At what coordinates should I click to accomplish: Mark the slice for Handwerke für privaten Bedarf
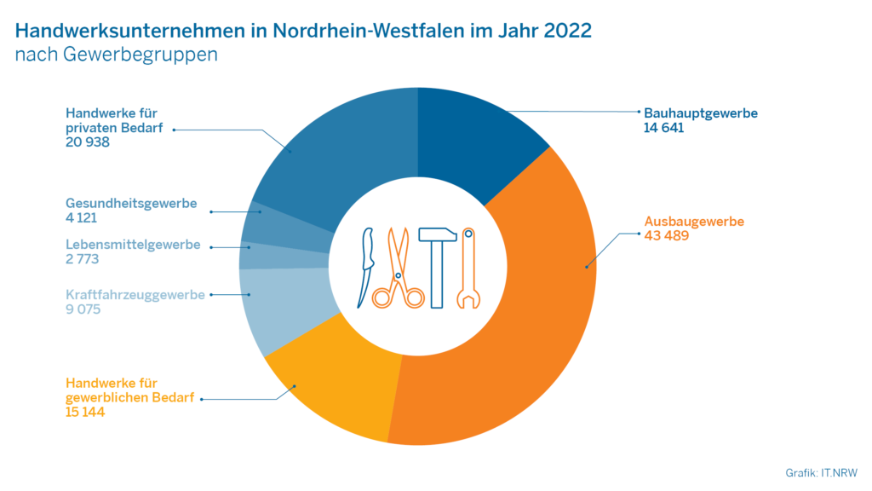pos(341,153)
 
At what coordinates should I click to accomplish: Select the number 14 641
pos(664,128)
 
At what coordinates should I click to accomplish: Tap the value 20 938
pos(88,142)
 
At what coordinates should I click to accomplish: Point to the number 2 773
pos(83,258)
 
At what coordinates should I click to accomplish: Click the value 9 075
pos(83,309)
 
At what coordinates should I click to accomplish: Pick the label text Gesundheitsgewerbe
pos(131,204)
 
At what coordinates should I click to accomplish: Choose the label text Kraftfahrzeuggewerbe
pos(135,295)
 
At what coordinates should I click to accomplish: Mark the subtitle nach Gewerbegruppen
pos(117,55)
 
